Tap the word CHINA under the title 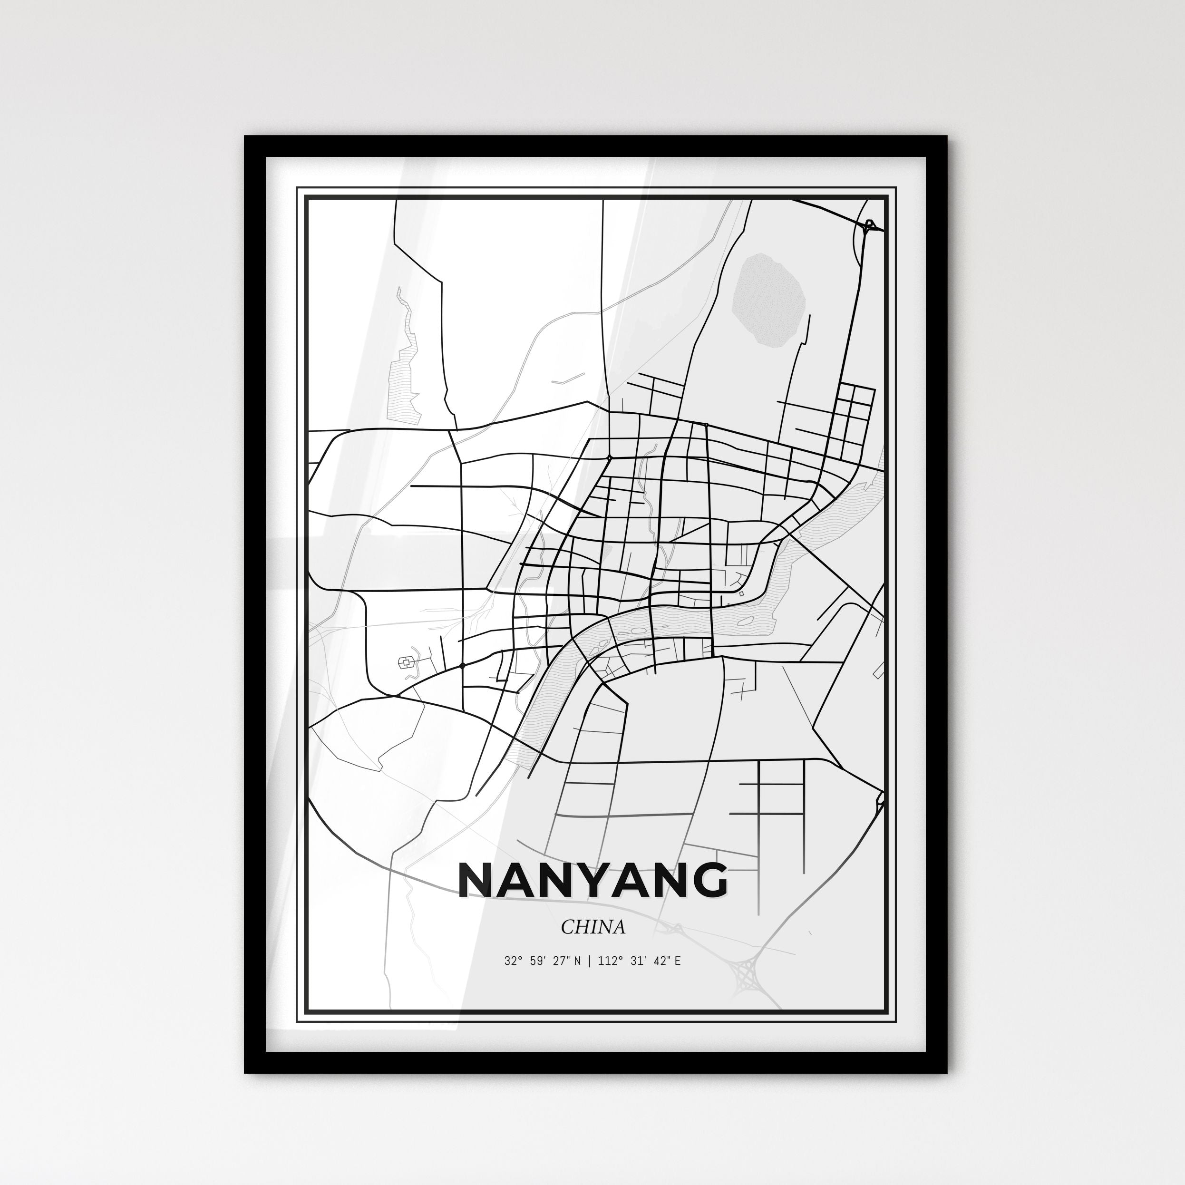(592, 927)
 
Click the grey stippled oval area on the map (768, 301)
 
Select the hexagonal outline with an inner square (406, 662)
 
